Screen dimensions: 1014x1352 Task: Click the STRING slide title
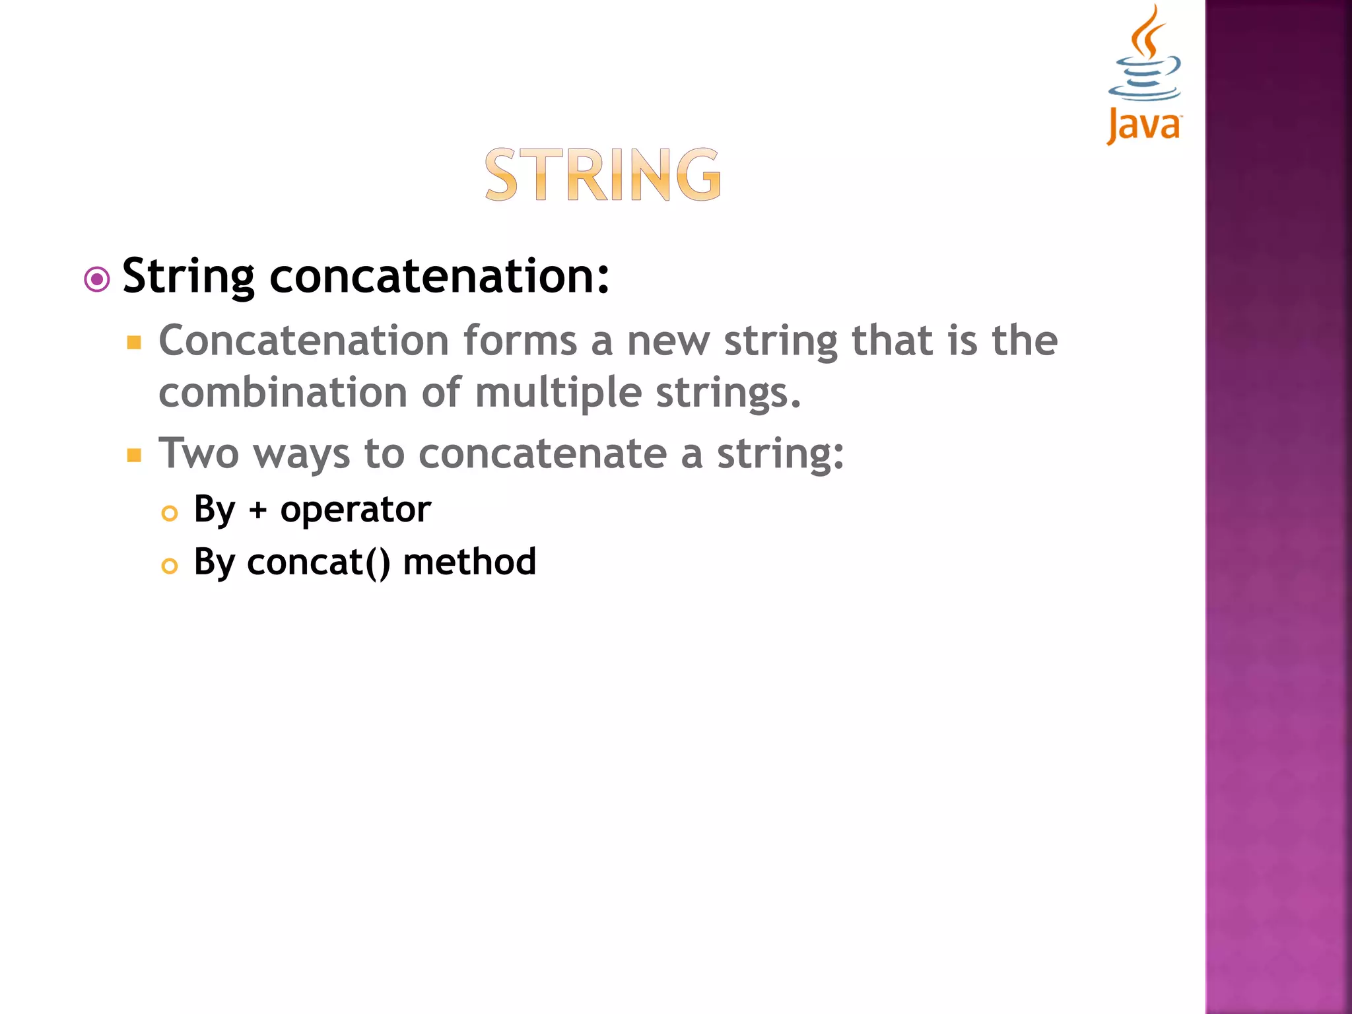603,175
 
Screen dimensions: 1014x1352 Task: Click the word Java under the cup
1144,125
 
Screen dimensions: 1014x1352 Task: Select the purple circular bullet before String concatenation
97,280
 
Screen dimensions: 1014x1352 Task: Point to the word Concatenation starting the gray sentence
304,341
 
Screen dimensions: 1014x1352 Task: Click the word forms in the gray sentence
520,341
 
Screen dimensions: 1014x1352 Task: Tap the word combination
283,393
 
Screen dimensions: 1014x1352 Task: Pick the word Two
199,454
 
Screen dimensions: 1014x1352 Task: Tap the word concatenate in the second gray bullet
542,454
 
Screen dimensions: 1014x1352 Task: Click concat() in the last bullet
318,563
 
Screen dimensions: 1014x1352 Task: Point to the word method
469,562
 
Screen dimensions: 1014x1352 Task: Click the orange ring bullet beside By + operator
170,514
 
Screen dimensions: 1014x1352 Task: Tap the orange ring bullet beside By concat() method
170,566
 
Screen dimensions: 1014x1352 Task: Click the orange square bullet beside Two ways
135,456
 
